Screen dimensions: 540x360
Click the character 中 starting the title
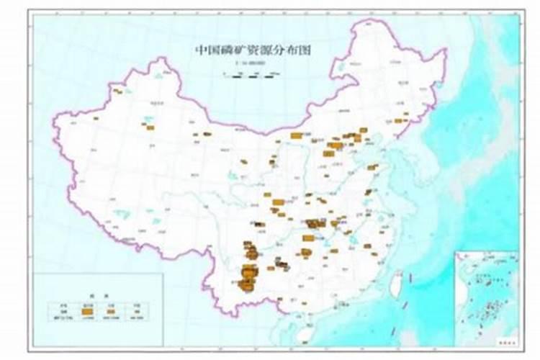click(x=201, y=50)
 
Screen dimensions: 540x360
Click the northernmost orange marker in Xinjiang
click(x=117, y=91)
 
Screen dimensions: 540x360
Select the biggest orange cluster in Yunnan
click(x=248, y=274)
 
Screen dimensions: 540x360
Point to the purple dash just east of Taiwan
click(x=410, y=278)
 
